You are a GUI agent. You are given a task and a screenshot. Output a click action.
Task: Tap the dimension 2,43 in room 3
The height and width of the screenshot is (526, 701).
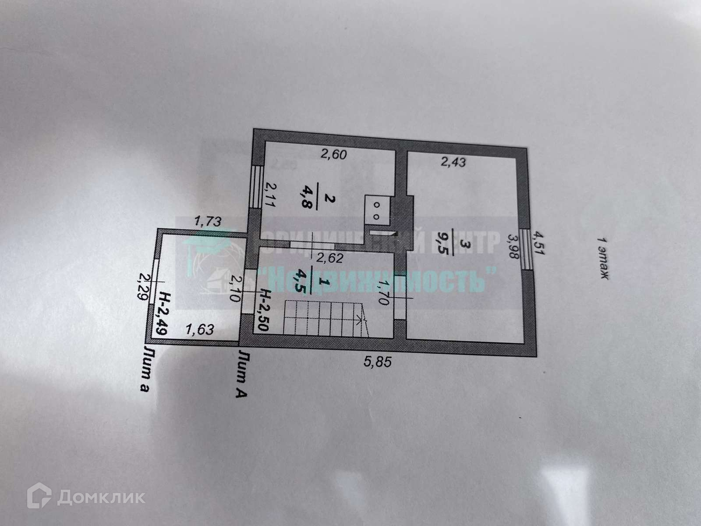coord(453,163)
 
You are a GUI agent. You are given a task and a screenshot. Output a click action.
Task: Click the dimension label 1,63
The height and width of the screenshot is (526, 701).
coord(200,329)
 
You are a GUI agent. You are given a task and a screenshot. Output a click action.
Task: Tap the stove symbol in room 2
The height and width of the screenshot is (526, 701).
coord(375,210)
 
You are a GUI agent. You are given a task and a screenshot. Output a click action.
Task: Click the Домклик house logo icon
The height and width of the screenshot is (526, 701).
coord(40,497)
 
